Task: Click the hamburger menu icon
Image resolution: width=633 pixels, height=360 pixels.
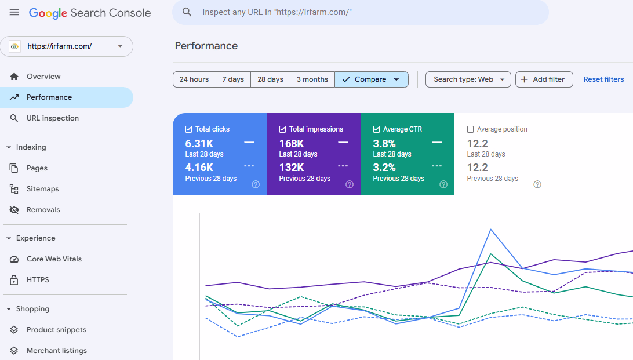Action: click(x=14, y=13)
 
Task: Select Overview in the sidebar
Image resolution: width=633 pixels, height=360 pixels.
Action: click(x=43, y=77)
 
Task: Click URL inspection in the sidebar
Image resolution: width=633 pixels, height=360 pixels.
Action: click(x=52, y=118)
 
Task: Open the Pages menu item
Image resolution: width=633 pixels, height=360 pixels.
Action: click(x=37, y=168)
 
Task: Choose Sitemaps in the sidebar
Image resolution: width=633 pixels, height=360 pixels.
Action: click(x=42, y=189)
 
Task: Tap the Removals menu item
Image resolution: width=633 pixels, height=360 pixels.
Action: click(x=43, y=210)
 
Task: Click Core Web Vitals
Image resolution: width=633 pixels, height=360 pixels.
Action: click(x=54, y=259)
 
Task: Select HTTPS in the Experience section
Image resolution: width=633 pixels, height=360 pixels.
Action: click(x=38, y=280)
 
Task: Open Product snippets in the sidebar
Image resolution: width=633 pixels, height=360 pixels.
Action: click(x=56, y=330)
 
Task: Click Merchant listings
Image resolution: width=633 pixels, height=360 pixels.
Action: click(x=56, y=351)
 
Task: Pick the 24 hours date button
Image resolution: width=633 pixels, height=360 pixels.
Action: click(x=194, y=79)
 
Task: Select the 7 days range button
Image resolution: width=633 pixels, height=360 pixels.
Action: click(x=233, y=79)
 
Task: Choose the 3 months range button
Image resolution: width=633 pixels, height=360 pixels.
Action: click(x=312, y=79)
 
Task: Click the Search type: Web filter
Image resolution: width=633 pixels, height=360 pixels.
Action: click(x=468, y=79)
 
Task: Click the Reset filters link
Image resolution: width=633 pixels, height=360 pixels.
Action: click(x=603, y=79)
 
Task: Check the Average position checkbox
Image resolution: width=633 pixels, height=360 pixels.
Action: click(x=471, y=129)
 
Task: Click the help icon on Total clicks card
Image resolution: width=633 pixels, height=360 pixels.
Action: click(x=256, y=184)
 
